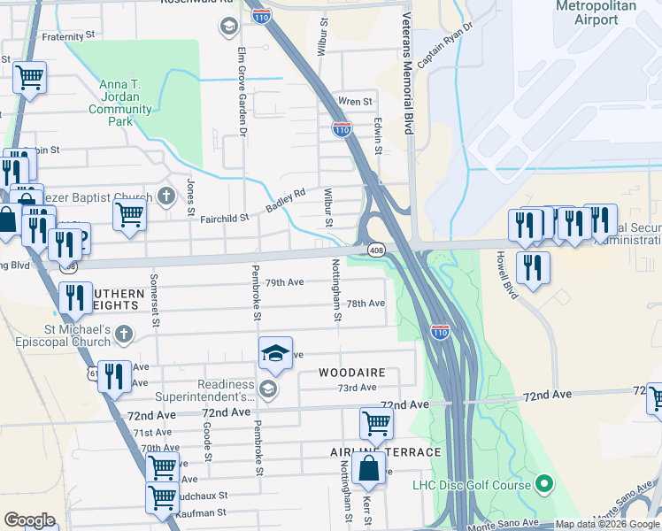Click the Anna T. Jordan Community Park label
pyautogui.click(x=119, y=98)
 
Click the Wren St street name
pyautogui.click(x=355, y=102)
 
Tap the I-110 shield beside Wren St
pyautogui.click(x=342, y=128)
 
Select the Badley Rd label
pyautogui.click(x=286, y=199)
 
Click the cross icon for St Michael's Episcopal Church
pyautogui.click(x=124, y=334)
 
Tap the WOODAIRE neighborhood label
pyautogui.click(x=352, y=373)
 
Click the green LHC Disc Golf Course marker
pyautogui.click(x=545, y=484)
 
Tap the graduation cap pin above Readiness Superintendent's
pyautogui.click(x=275, y=353)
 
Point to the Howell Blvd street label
pyautogui.click(x=505, y=276)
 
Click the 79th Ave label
pyautogui.click(x=285, y=282)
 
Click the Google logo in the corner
pyautogui.click(x=29, y=520)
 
